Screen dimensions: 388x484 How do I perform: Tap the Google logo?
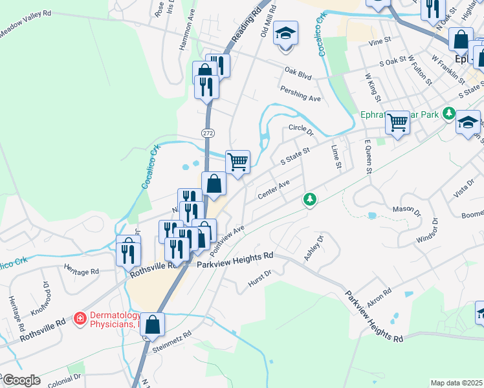tap(21, 380)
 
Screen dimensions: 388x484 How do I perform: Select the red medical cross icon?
tap(80, 318)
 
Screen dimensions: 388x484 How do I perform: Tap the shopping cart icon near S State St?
tap(237, 162)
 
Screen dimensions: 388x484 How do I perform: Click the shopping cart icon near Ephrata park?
tap(397, 122)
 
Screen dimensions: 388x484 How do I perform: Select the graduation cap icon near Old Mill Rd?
tap(285, 34)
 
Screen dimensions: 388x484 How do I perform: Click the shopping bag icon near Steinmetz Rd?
tap(152, 325)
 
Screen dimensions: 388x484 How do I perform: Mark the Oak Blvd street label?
tap(298, 73)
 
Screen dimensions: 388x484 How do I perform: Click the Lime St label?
tap(335, 157)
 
